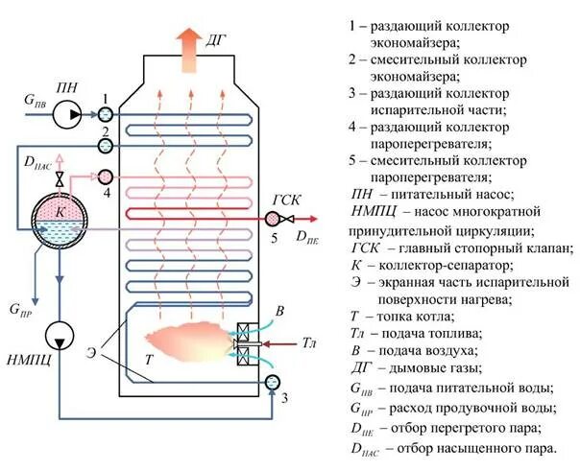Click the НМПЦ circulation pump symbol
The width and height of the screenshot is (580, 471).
pos(60,336)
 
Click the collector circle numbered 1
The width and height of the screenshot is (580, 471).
pos(107,114)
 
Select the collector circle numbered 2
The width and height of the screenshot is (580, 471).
pos(107,145)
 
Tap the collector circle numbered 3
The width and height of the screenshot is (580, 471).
pos(272,383)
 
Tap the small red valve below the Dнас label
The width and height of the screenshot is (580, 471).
pos(60,179)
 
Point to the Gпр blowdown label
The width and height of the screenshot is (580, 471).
pos(20,310)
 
